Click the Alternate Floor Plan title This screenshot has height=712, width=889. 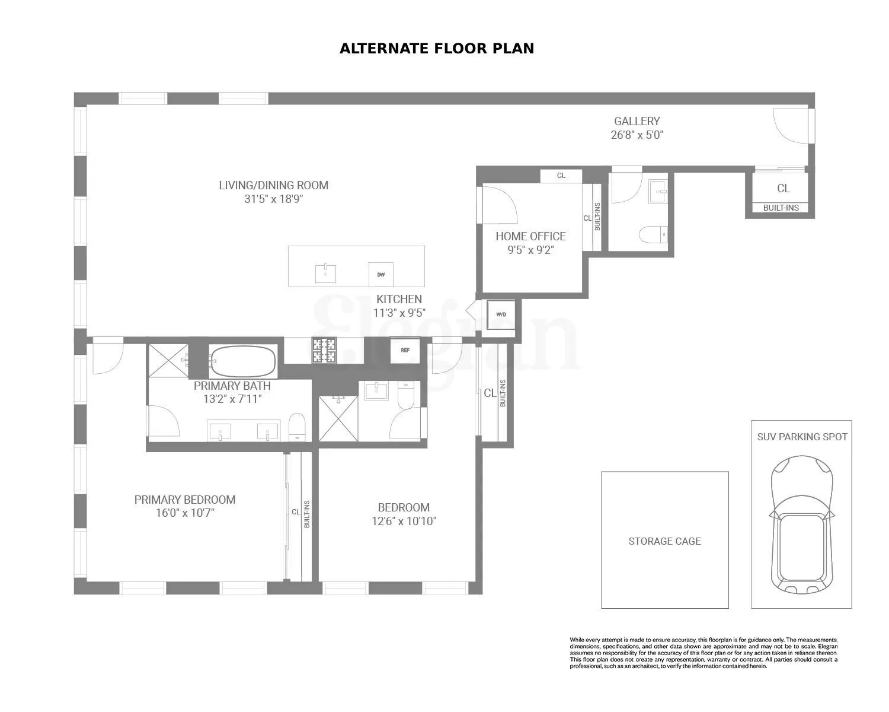pyautogui.click(x=437, y=49)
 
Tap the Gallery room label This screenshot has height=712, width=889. pyautogui.click(x=637, y=121)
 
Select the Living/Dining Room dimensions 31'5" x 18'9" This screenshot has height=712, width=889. pyautogui.click(x=273, y=199)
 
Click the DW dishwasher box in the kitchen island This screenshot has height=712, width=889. pyautogui.click(x=380, y=274)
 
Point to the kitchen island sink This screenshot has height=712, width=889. pyautogui.click(x=326, y=274)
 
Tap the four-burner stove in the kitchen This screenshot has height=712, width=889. pyautogui.click(x=324, y=350)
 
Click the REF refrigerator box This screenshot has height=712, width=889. pyautogui.click(x=405, y=350)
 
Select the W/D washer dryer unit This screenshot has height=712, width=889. pyautogui.click(x=501, y=314)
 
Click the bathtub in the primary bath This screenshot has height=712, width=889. pyautogui.click(x=243, y=361)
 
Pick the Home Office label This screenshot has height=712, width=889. pyautogui.click(x=530, y=236)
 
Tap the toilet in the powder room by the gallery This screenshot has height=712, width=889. pyautogui.click(x=653, y=235)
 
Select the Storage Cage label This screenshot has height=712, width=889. pyautogui.click(x=664, y=541)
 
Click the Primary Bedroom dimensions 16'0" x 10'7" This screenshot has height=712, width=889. pyautogui.click(x=184, y=513)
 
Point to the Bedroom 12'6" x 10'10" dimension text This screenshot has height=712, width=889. pyautogui.click(x=404, y=522)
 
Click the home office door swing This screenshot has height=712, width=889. pyautogui.click(x=499, y=204)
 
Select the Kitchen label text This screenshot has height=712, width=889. pyautogui.click(x=399, y=299)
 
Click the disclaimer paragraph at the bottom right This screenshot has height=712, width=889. pyautogui.click(x=703, y=652)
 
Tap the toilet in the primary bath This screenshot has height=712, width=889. pyautogui.click(x=297, y=427)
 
